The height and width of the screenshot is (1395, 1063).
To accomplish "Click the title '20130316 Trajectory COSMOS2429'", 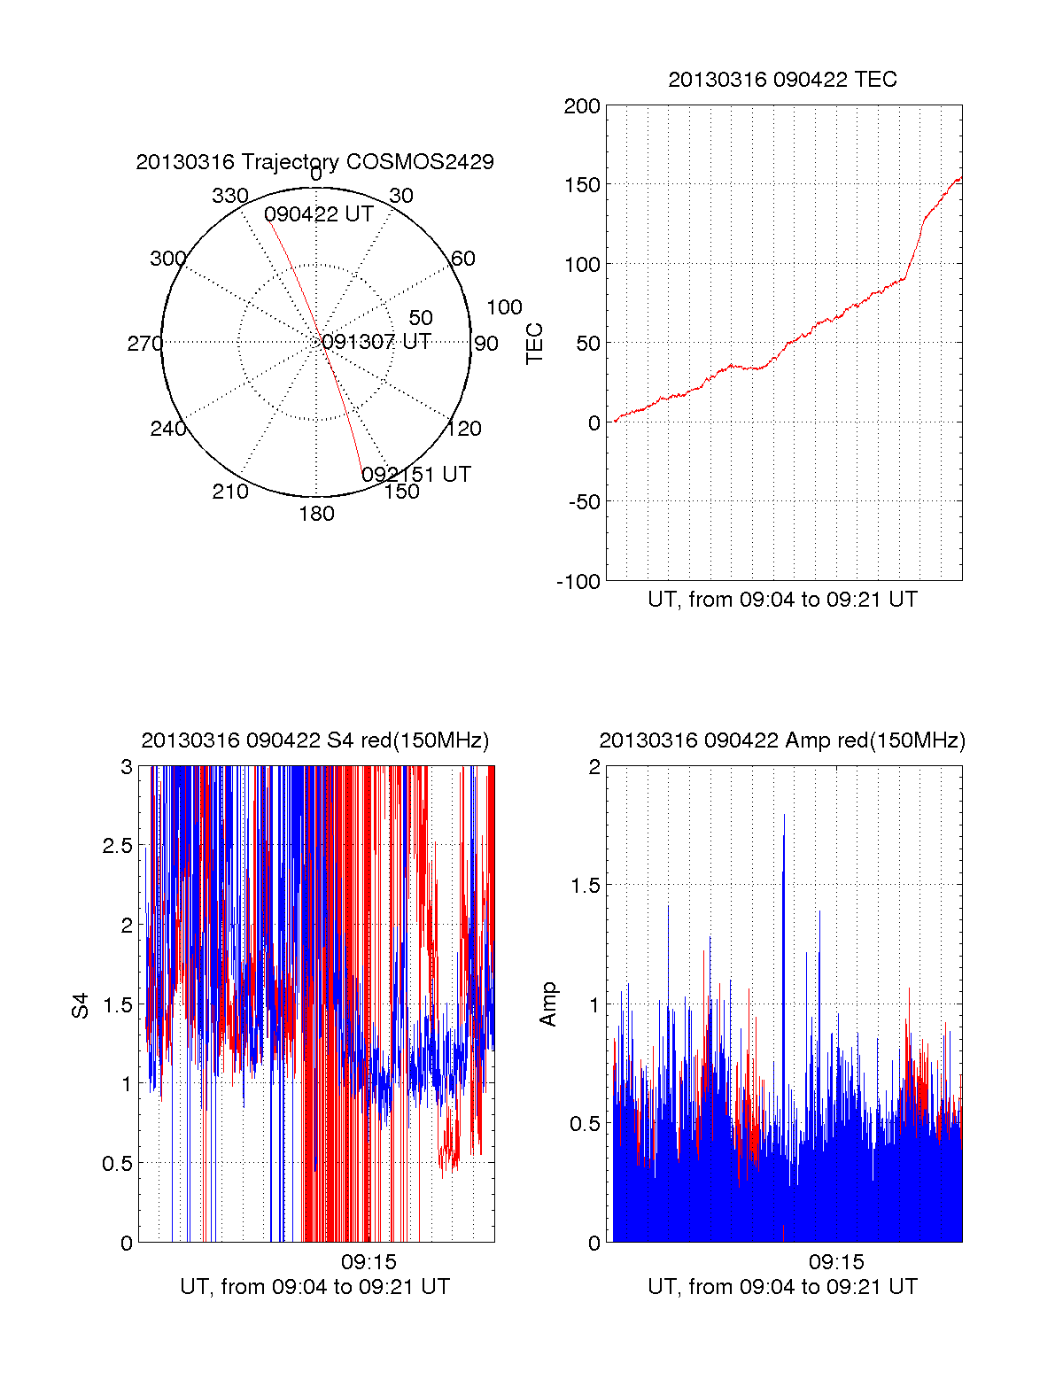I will [314, 162].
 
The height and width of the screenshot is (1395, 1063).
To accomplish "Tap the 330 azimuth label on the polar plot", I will [229, 196].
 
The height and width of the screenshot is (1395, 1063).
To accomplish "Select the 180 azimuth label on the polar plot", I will [316, 514].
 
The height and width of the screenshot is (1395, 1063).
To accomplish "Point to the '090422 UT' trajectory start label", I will [319, 214].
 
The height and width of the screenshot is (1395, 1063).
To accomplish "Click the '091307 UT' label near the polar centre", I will [376, 342].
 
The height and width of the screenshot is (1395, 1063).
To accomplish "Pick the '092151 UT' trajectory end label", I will [416, 475].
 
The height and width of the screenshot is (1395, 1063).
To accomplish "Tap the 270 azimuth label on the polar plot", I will [144, 344].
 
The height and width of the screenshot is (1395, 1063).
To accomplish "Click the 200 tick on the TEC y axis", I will [582, 107].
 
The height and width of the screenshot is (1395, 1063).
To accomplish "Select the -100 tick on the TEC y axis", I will [578, 582].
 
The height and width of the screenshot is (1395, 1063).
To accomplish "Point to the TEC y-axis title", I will [535, 344].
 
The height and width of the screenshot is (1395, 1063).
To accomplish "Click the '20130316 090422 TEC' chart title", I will [782, 80].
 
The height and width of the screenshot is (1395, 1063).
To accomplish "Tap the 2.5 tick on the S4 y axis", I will [118, 846].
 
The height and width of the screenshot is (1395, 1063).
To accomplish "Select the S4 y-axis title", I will [81, 1005].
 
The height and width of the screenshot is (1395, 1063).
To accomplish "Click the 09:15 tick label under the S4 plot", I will [369, 1261].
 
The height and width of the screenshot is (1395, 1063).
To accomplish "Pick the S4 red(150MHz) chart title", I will [314, 740].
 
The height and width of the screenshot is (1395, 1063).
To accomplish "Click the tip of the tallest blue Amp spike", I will [784, 815].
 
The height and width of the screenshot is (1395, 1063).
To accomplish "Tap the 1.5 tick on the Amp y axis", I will [585, 886].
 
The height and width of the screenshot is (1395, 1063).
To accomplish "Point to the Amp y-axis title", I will [548, 1004].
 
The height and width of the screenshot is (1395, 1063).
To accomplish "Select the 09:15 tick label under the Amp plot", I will [836, 1261].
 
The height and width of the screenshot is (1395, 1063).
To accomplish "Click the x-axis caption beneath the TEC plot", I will [782, 600].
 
